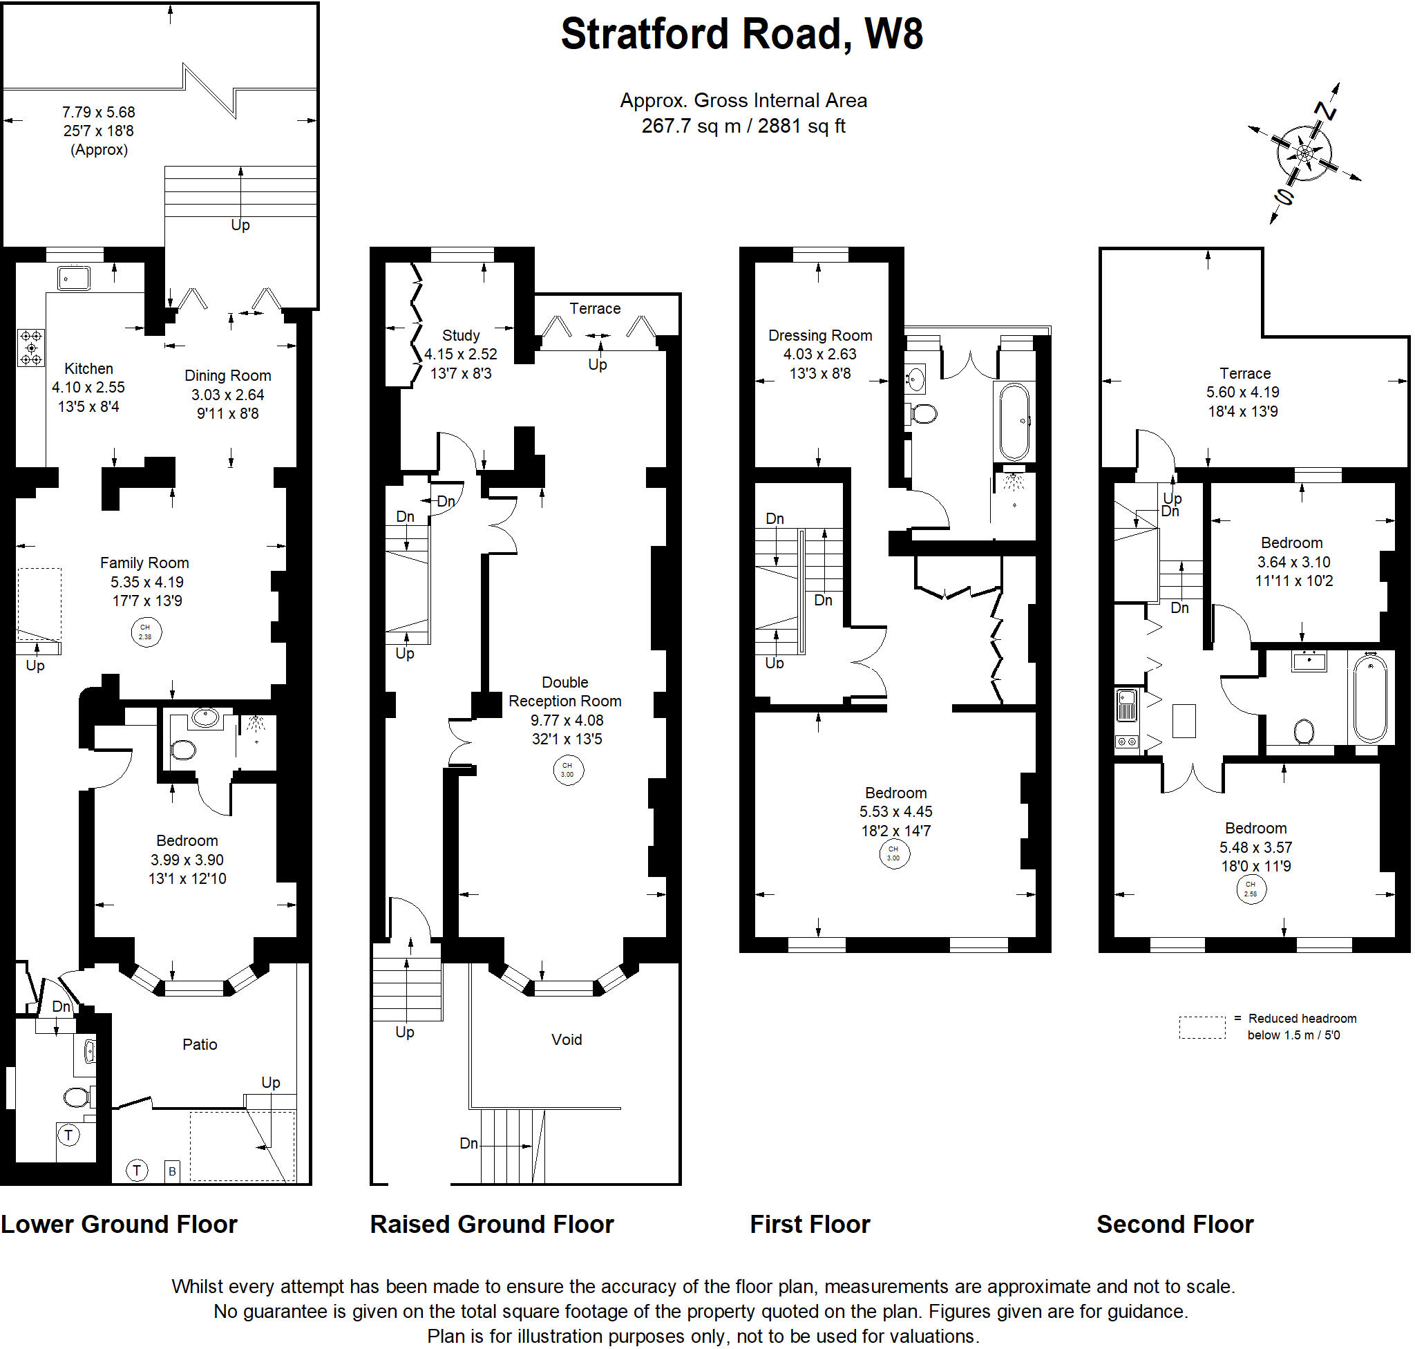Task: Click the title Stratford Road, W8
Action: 741,34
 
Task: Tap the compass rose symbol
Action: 1304,153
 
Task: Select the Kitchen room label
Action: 88,368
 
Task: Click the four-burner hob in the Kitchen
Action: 31,348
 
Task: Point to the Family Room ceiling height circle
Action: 146,632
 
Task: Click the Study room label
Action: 461,335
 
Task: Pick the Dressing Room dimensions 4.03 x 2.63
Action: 819,354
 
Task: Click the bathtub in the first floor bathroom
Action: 1014,422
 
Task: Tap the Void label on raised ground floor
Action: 567,1039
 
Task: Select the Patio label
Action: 200,1044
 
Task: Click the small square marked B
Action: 172,1171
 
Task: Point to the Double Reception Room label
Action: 565,691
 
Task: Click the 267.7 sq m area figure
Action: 690,126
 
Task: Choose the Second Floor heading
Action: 1175,1224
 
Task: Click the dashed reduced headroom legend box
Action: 1202,1027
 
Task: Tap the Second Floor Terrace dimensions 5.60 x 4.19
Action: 1243,392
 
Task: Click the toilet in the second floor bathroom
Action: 1303,732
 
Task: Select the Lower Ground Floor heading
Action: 119,1224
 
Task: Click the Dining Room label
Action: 228,375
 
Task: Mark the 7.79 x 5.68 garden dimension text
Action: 99,112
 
